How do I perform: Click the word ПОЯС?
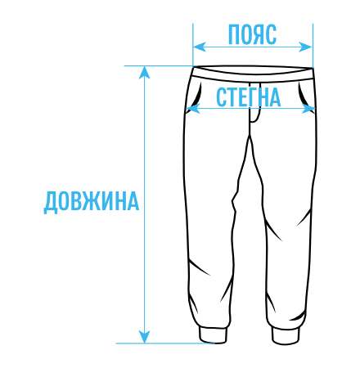252,34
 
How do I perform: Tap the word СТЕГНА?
248,97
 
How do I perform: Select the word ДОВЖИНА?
92,201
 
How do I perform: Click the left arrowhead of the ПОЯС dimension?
199,47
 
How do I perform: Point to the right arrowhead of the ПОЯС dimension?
306,47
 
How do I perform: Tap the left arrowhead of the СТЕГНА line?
192,109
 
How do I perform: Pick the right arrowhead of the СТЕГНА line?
308,109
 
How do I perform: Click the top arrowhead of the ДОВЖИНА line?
144,73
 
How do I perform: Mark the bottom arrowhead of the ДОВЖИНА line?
144,337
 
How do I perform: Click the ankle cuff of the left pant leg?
213,335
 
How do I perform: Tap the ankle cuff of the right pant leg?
286,335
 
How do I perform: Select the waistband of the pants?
253,74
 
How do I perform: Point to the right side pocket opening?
303,95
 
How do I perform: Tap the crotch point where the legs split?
250,135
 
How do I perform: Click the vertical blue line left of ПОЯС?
193,45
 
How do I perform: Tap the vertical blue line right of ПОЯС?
313,45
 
